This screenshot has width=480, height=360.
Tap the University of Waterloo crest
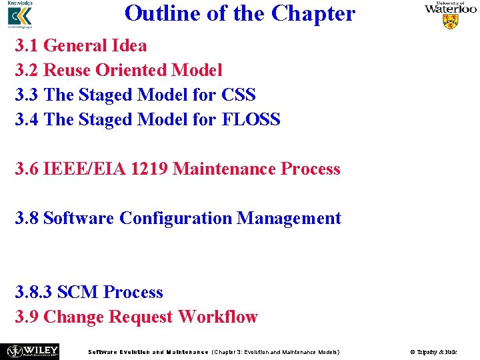pyautogui.click(x=451, y=21)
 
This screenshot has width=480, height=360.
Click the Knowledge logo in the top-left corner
pyautogui.click(x=19, y=15)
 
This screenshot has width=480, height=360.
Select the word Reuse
pyautogui.click(x=67, y=71)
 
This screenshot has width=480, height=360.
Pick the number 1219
pyautogui.click(x=150, y=169)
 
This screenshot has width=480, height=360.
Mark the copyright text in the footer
pyautogui.click(x=433, y=351)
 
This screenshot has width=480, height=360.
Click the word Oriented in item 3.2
pyautogui.click(x=131, y=71)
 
